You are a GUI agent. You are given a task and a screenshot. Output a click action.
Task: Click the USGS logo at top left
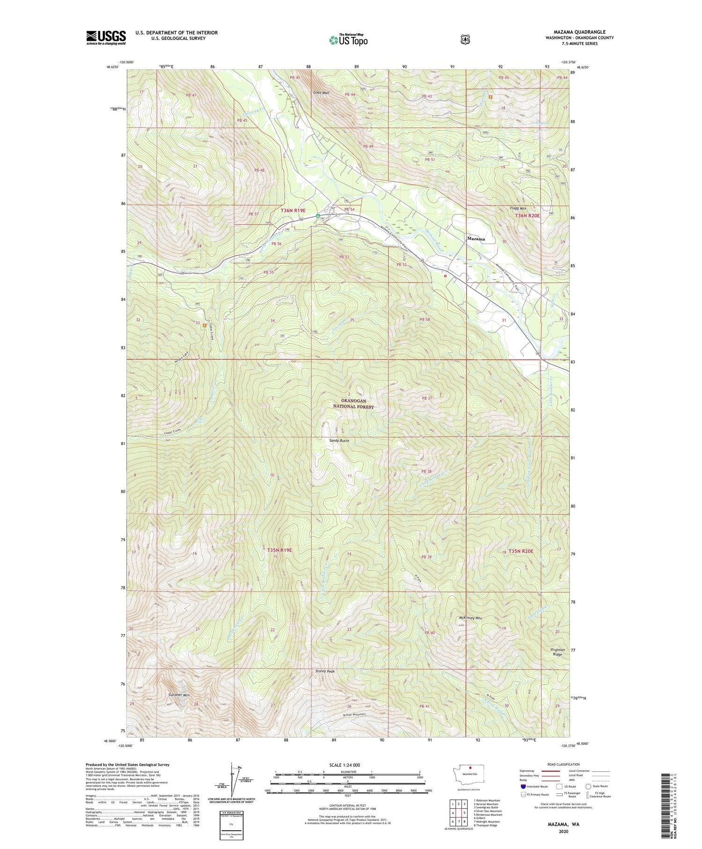(x=106, y=37)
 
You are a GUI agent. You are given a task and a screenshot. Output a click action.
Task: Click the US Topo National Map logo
(x=348, y=40)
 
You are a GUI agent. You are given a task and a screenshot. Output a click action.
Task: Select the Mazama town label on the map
(x=476, y=239)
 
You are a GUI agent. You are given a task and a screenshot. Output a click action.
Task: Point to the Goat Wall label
(x=322, y=93)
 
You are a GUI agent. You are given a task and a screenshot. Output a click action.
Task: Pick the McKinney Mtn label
(x=470, y=618)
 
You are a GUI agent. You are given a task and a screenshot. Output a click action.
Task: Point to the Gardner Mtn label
(x=179, y=695)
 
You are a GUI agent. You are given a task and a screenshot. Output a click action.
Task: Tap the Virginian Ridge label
(x=556, y=652)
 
